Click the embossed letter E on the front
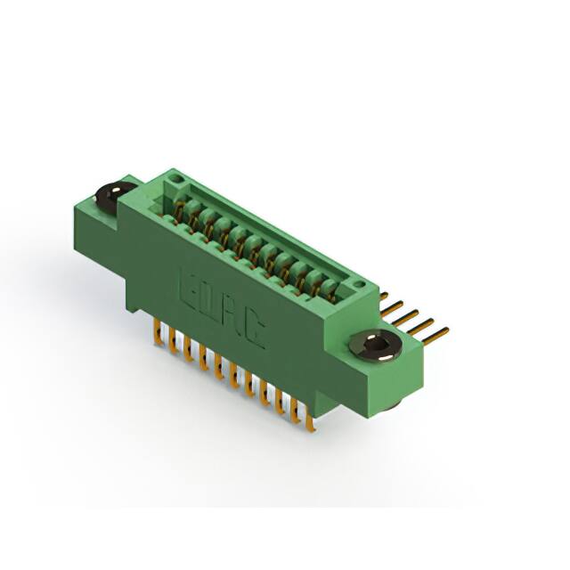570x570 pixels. click(x=189, y=288)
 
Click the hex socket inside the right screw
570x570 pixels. click(x=374, y=343)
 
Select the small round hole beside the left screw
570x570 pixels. click(x=177, y=178)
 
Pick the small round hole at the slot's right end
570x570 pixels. click(x=358, y=283)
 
